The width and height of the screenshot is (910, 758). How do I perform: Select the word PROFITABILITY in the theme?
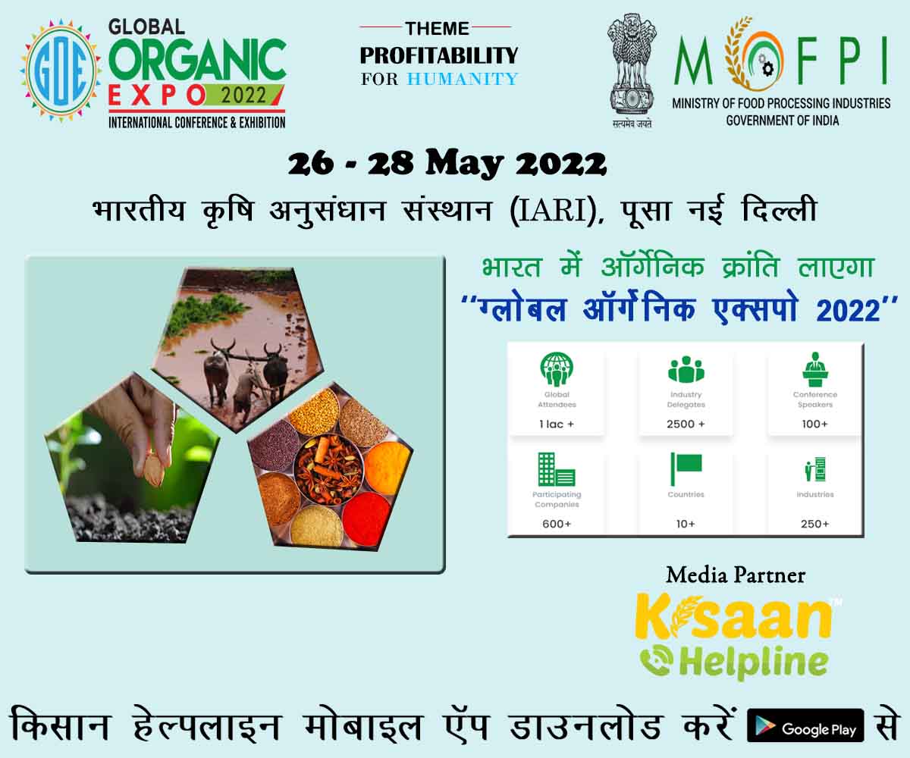point(438,55)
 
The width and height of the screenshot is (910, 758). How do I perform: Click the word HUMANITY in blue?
point(463,79)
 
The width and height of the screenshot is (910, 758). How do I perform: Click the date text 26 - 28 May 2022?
point(447,164)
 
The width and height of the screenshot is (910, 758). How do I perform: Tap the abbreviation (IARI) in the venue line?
point(551,211)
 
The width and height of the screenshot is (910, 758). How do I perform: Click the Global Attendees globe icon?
point(557,369)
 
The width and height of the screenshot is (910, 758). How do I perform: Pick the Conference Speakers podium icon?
point(815,369)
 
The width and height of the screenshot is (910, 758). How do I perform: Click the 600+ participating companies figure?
point(556,524)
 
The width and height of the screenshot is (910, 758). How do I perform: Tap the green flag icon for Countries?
point(686,468)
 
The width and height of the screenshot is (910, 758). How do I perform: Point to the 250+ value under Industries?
point(815,524)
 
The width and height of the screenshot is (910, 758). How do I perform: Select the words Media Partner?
point(736,575)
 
